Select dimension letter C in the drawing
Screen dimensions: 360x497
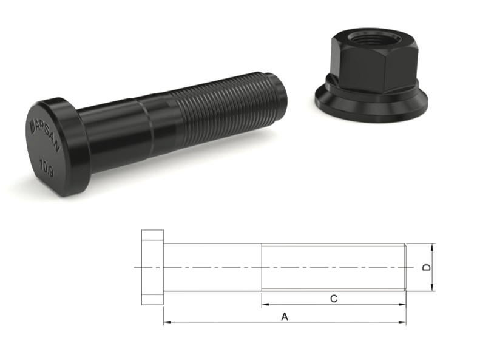pos(333,298)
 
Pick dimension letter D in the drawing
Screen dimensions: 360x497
pos(427,267)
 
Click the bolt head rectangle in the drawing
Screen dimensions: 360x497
pos(152,267)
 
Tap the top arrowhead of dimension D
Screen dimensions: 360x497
pos(432,246)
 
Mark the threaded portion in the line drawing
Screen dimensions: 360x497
pos(334,267)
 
